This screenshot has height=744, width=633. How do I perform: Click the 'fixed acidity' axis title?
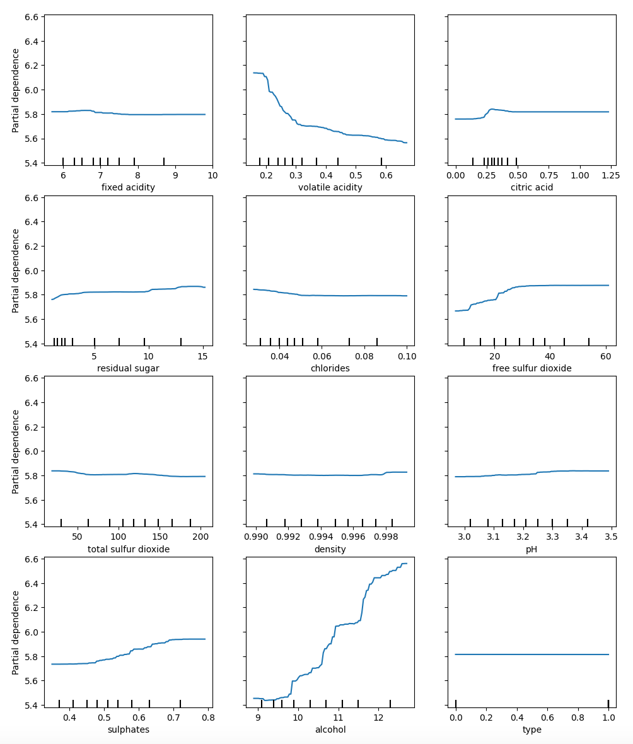pos(128,187)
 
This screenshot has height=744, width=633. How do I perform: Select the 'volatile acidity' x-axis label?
pos(330,187)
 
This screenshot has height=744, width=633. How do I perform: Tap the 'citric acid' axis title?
pos(531,187)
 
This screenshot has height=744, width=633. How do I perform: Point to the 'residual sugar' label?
pos(128,368)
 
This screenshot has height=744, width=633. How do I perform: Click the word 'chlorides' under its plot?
pos(330,368)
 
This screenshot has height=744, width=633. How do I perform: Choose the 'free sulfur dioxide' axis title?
pos(531,368)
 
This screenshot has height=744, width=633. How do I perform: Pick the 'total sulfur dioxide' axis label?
pos(128,549)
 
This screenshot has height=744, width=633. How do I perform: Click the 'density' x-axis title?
pos(330,549)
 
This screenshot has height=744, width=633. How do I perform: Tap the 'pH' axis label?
pos(531,549)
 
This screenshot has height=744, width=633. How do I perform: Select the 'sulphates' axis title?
pos(128,729)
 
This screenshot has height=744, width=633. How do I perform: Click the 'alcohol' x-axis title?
pos(330,729)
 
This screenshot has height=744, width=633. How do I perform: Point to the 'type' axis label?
pos(531,729)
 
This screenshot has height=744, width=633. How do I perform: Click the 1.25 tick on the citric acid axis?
pos(609,175)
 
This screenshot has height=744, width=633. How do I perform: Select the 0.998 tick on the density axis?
pos(392,537)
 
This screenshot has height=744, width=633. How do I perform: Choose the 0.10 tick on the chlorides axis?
pos(407,356)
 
